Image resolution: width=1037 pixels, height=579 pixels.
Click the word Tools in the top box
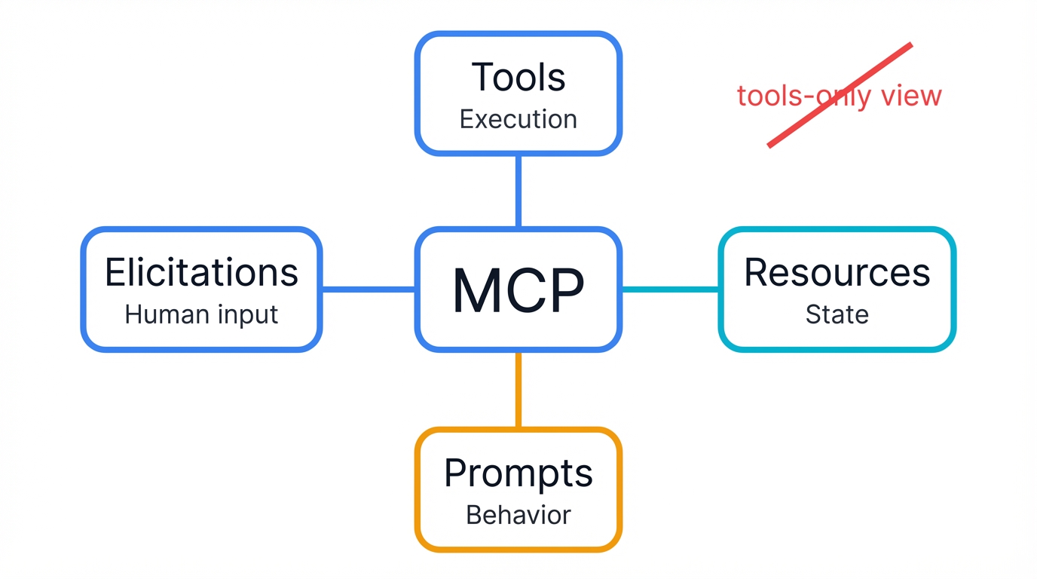(518, 78)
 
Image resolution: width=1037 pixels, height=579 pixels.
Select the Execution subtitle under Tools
(518, 119)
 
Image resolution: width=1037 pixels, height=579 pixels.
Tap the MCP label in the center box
(518, 291)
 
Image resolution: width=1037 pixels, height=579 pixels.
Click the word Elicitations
(201, 272)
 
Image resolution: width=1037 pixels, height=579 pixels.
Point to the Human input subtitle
(201, 314)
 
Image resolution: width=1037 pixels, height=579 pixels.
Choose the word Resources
(837, 272)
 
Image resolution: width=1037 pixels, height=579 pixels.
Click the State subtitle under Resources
(837, 314)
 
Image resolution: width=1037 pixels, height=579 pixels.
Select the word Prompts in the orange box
(518, 473)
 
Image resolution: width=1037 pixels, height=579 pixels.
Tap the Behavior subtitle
(518, 515)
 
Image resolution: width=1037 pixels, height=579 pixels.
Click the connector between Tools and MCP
(518, 191)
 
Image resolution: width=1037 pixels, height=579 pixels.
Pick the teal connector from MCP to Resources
(670, 289)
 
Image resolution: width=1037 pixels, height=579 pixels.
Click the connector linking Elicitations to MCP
(369, 289)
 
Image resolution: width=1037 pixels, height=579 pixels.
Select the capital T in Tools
(484, 78)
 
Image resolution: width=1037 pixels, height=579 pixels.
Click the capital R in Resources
(757, 272)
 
